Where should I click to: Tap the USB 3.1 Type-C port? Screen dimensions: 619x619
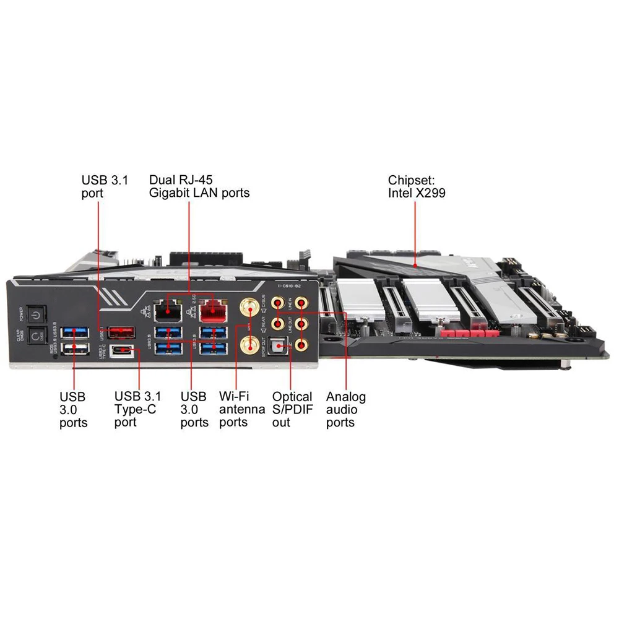121,351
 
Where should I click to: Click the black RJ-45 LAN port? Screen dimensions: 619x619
163,309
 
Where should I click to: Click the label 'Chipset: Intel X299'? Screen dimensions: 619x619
417,186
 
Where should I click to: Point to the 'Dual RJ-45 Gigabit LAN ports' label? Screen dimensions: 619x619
199,186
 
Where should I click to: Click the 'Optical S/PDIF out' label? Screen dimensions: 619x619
292,409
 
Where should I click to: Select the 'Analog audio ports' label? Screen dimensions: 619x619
345,409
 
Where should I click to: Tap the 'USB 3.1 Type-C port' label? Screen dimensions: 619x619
137,409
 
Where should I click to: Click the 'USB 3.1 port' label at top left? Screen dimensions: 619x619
96,186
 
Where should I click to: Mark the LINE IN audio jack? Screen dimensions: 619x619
301,303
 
